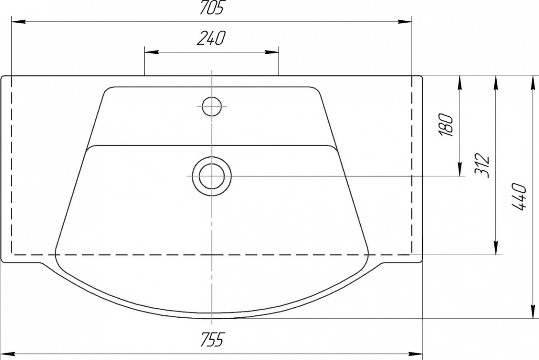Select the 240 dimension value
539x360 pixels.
click(x=211, y=38)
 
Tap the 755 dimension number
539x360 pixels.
click(x=212, y=340)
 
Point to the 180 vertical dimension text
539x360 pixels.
click(x=447, y=124)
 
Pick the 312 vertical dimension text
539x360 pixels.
click(x=482, y=165)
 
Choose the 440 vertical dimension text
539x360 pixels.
click(x=519, y=197)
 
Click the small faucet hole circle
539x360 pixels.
click(x=212, y=106)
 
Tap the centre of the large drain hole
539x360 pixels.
click(x=212, y=176)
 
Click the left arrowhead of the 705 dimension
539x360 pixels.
click(x=19, y=22)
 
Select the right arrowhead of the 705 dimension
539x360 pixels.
click(x=405, y=22)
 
